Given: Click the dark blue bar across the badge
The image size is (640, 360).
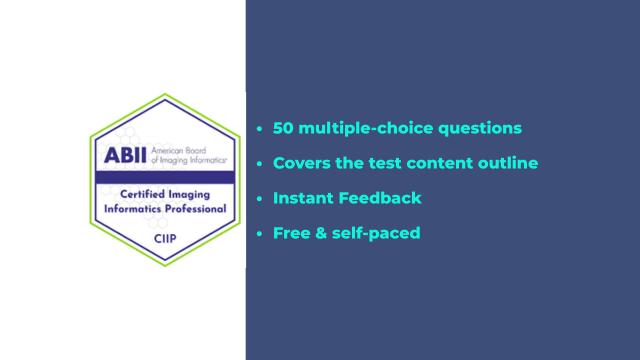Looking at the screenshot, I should [165, 176].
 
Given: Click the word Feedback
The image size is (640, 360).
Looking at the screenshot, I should [381, 198].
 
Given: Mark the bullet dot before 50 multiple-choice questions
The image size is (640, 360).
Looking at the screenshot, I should [260, 129].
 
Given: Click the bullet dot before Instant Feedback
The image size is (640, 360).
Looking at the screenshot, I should [260, 198].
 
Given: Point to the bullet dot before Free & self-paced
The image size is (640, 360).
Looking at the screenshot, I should [260, 233].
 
